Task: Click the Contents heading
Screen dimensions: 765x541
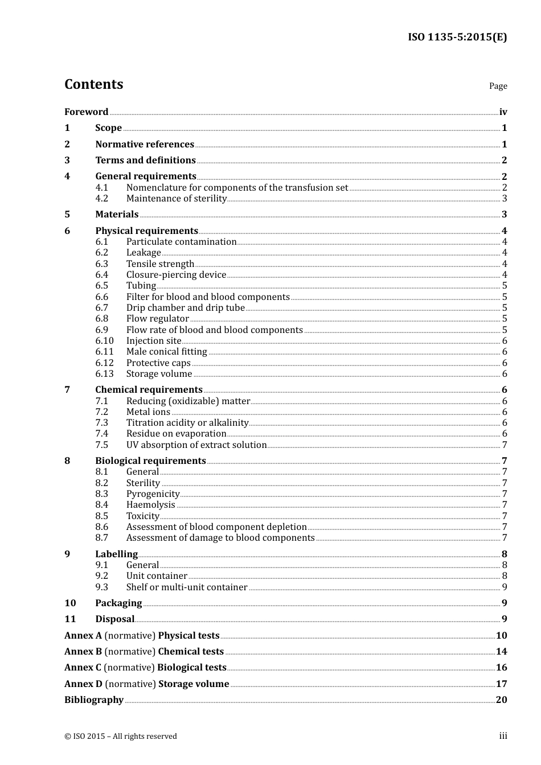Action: click(93, 84)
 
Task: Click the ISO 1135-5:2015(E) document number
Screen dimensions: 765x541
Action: click(457, 37)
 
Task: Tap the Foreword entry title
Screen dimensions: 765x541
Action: click(86, 112)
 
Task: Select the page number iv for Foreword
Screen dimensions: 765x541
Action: click(503, 112)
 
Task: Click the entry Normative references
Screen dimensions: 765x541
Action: click(145, 144)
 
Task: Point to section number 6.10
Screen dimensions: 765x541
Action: click(104, 340)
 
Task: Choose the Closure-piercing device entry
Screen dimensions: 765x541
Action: click(176, 274)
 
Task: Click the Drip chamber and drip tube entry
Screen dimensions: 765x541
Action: click(185, 307)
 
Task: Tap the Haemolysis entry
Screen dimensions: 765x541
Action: click(150, 504)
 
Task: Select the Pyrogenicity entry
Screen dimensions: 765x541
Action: click(153, 493)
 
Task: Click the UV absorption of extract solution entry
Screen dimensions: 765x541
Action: click(196, 445)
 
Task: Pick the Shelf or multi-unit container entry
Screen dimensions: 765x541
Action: click(187, 587)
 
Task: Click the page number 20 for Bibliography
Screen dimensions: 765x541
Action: click(501, 700)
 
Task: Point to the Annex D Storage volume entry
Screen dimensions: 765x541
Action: click(146, 684)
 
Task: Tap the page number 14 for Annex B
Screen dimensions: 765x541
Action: click(501, 651)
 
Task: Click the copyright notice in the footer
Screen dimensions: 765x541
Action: click(121, 736)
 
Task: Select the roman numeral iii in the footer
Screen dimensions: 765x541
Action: click(503, 736)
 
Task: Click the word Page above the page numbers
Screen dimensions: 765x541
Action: click(498, 86)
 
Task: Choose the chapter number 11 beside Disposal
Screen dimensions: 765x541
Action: click(70, 619)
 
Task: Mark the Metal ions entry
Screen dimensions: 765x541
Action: click(148, 412)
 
